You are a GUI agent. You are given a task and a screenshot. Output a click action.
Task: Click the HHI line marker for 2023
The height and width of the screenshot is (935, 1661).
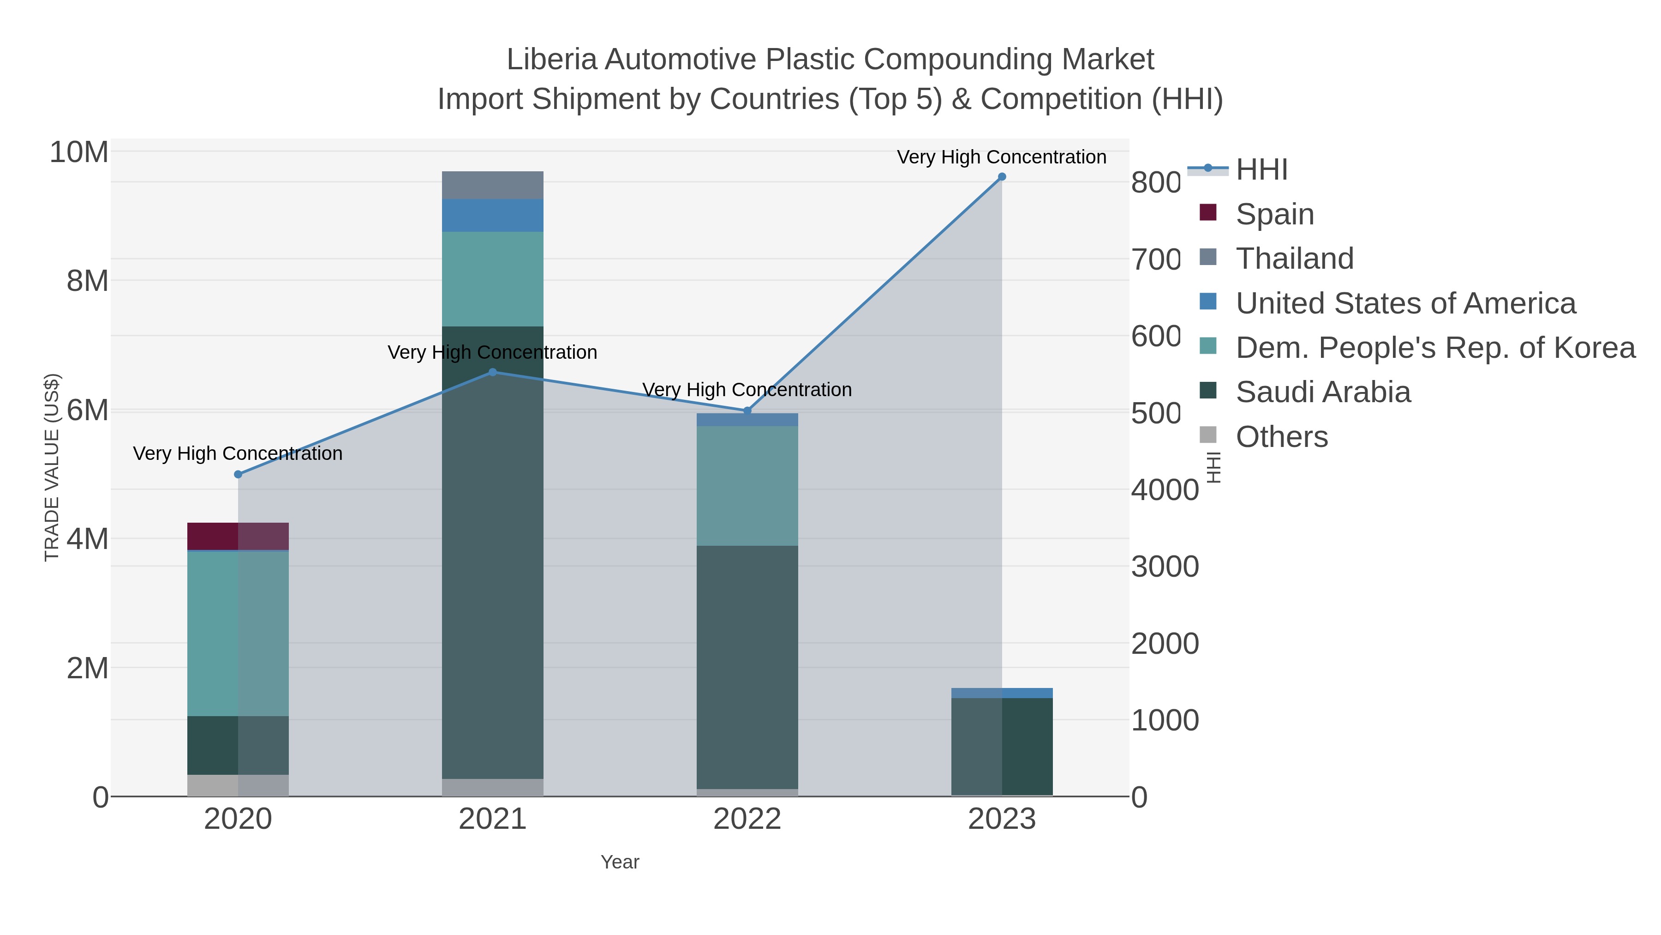[x=1001, y=177]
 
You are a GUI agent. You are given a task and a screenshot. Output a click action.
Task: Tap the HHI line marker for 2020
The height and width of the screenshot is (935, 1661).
[x=238, y=474]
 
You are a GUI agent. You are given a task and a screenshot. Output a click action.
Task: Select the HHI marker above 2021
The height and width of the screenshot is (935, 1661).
[x=493, y=372]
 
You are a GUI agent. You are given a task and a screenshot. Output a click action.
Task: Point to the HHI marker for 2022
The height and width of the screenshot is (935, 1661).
[x=747, y=411]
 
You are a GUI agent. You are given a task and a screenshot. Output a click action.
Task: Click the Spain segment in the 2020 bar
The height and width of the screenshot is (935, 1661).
[x=238, y=536]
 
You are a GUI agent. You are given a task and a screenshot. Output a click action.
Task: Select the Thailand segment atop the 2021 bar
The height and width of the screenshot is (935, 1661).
[x=493, y=185]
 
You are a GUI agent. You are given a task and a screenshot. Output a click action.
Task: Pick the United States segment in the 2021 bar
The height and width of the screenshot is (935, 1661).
[x=493, y=216]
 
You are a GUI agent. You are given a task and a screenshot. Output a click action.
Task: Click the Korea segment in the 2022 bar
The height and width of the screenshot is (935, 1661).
[x=747, y=486]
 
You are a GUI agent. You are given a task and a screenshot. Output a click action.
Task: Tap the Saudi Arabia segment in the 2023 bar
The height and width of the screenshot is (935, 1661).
[x=1001, y=747]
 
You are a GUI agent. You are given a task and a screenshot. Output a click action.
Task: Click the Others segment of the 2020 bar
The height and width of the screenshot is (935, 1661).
[x=238, y=785]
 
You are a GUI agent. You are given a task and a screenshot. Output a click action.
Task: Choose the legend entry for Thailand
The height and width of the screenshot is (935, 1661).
[x=1294, y=259]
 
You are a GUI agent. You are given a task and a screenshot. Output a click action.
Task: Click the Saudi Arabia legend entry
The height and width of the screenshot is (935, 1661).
[x=1322, y=392]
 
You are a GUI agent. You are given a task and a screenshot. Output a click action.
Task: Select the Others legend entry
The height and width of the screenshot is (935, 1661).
[x=1281, y=437]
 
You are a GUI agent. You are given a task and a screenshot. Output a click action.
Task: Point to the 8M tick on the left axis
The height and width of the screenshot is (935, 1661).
[x=88, y=281]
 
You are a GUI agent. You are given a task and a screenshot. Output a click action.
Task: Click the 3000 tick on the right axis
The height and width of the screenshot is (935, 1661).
[x=1165, y=567]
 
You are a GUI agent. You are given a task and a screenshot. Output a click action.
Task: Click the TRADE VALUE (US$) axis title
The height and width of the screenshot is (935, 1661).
[x=52, y=467]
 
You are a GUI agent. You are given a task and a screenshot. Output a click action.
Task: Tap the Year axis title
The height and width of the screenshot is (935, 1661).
[x=620, y=862]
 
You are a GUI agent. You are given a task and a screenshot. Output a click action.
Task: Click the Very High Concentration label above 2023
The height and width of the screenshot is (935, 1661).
[x=1001, y=157]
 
